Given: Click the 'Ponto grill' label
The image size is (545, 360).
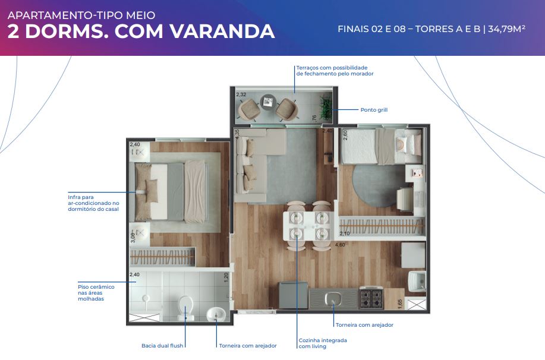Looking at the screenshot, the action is [374, 110].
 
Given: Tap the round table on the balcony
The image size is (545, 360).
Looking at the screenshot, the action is [268, 102].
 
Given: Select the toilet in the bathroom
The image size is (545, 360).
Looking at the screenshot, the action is [185, 308].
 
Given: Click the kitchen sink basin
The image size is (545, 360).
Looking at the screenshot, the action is [333, 298].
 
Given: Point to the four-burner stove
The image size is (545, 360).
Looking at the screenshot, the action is [371, 298].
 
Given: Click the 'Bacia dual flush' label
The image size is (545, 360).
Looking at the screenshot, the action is [162, 346].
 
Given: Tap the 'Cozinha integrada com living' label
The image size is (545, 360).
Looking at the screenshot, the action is [323, 343].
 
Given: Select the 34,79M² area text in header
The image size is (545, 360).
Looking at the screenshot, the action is [506, 29].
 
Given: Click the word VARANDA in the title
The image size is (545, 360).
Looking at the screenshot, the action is [222, 31].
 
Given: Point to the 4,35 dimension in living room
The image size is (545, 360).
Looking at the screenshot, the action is [237, 134].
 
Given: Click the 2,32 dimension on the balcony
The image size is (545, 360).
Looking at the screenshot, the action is [241, 94].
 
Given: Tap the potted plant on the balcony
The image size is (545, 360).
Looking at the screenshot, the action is [326, 107].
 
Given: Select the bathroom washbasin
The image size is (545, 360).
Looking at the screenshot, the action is [216, 315].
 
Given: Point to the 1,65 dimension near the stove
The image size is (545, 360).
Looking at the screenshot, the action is [400, 304].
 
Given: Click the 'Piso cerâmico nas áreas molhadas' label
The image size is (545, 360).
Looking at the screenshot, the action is [96, 293].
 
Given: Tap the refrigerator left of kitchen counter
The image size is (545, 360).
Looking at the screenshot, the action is [294, 295].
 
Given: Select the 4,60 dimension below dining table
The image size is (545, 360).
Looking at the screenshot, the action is [340, 245].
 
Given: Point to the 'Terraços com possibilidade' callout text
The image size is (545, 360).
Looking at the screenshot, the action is [332, 68].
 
